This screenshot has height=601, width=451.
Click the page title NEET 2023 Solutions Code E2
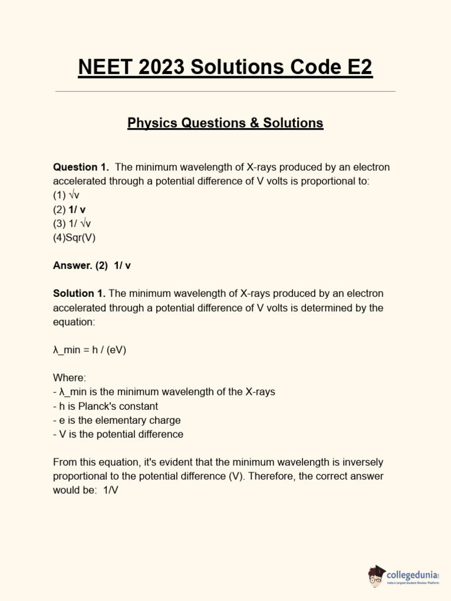click(x=225, y=67)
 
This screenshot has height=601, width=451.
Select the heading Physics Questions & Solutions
click(x=225, y=123)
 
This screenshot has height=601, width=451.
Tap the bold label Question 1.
click(x=81, y=167)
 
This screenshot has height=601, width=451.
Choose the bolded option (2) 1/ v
click(x=69, y=210)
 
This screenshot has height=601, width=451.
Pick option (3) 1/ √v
click(x=72, y=224)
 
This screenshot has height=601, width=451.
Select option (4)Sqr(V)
click(x=74, y=238)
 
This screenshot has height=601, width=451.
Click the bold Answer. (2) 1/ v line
click(x=92, y=265)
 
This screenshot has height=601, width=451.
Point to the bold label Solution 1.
click(x=79, y=293)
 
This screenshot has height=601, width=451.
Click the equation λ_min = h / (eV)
click(x=89, y=350)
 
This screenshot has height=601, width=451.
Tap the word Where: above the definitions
click(x=69, y=378)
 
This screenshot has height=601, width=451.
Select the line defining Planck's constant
click(x=106, y=406)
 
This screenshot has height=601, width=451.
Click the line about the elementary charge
click(x=117, y=420)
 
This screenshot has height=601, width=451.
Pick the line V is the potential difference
click(x=118, y=434)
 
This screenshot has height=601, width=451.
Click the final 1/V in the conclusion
click(x=110, y=491)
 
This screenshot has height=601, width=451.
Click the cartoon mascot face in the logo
click(x=377, y=578)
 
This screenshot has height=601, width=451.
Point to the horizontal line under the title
click(x=225, y=92)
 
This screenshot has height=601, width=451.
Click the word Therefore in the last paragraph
click(x=271, y=477)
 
